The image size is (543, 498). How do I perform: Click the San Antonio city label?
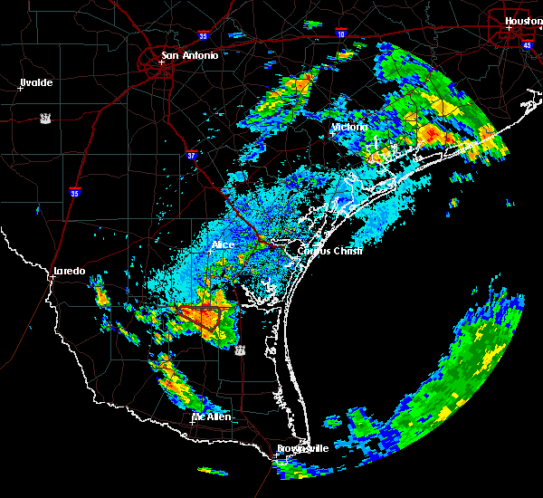(x=189, y=55)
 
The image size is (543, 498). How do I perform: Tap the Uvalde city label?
(x=36, y=82)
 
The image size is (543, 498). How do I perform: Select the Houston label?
(x=523, y=20)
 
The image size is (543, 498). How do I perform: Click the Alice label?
(x=223, y=244)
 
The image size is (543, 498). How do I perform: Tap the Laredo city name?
(x=69, y=271)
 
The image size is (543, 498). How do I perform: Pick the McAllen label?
(x=210, y=417)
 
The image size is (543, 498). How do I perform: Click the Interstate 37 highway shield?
(x=191, y=155)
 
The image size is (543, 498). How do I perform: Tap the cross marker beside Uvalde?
(x=20, y=88)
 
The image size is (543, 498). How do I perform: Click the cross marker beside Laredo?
(x=52, y=276)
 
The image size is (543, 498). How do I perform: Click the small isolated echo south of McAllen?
(x=214, y=471)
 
